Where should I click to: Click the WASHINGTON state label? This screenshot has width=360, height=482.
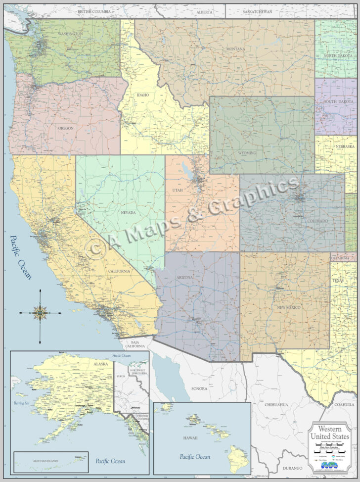70,34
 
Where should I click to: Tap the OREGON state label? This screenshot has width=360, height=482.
66,128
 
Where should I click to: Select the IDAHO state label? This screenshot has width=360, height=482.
143,95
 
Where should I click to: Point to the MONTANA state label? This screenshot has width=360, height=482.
236,49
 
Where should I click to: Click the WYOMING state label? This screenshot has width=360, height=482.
247,153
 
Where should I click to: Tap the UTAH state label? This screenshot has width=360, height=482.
178,190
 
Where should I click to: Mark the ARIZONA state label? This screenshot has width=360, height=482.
184,278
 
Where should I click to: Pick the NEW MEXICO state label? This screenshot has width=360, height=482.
289,307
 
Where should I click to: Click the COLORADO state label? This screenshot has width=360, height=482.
316,221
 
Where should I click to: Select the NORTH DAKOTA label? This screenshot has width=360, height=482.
338,56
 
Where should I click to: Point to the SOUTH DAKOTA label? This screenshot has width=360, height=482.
337,102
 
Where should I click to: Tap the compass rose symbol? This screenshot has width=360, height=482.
40,312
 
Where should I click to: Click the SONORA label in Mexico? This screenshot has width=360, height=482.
199,388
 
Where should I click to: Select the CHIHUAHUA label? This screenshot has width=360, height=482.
276,405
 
